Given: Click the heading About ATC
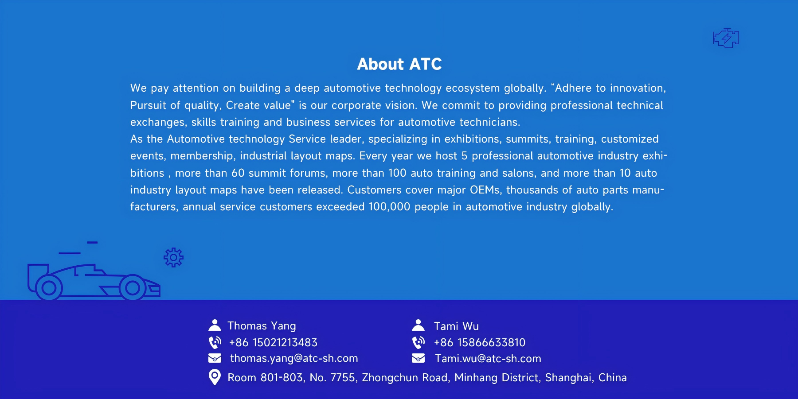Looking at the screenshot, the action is (x=399, y=64).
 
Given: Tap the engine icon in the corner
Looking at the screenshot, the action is (x=726, y=38).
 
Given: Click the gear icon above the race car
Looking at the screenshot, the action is (x=173, y=257).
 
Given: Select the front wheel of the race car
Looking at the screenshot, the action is (x=133, y=288).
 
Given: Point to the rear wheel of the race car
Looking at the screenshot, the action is (x=49, y=288).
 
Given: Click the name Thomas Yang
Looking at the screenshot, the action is (x=262, y=326).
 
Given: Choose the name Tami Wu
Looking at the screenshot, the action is (x=456, y=326).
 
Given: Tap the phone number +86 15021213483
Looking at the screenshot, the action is (x=273, y=342).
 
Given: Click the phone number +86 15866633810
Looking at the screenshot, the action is (x=479, y=342).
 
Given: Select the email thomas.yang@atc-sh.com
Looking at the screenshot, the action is (x=294, y=358).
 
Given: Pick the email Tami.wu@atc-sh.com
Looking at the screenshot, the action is (x=488, y=358).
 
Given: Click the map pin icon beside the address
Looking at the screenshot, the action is (x=215, y=377).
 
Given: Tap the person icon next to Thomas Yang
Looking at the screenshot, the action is (x=215, y=325).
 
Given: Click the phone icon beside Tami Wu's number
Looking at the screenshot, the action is (x=419, y=342).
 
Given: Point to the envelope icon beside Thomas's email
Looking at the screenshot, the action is (x=215, y=358).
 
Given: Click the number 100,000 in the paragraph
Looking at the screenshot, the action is (x=389, y=207).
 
